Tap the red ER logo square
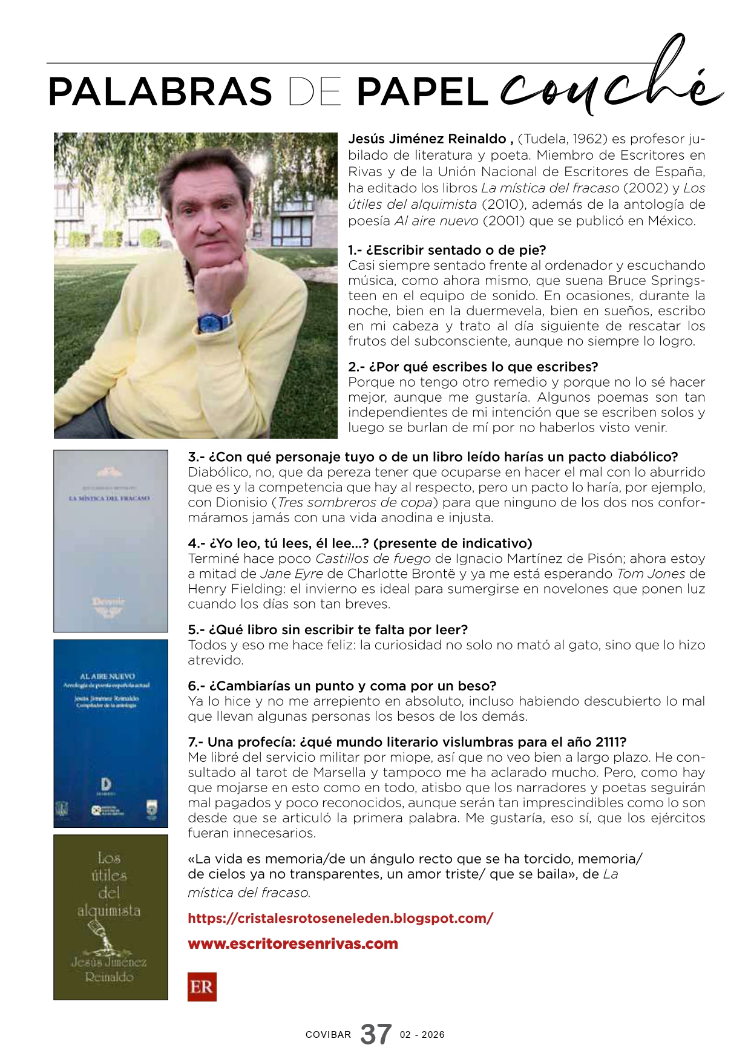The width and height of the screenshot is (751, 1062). [202, 987]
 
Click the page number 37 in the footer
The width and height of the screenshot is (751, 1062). [376, 1034]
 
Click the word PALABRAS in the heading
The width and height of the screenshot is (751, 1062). [160, 92]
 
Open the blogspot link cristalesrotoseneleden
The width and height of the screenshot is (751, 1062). [340, 918]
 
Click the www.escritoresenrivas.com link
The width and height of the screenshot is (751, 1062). [293, 944]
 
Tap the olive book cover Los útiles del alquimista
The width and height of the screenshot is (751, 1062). [111, 917]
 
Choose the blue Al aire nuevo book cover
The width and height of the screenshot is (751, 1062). [111, 733]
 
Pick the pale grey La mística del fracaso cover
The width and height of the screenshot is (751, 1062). [111, 541]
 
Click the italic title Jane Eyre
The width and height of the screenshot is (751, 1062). [292, 574]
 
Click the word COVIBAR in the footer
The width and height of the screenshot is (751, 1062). [328, 1035]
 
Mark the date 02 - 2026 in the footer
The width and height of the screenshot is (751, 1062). [422, 1035]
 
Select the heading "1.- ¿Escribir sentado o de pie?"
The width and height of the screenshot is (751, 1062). [447, 250]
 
